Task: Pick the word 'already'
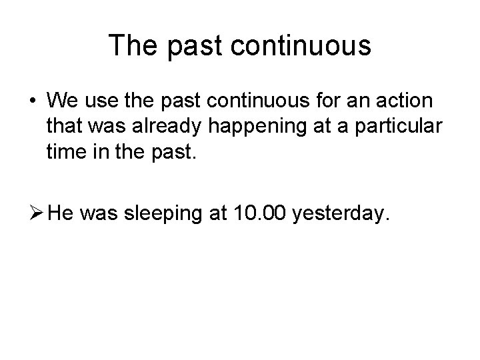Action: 159,126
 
